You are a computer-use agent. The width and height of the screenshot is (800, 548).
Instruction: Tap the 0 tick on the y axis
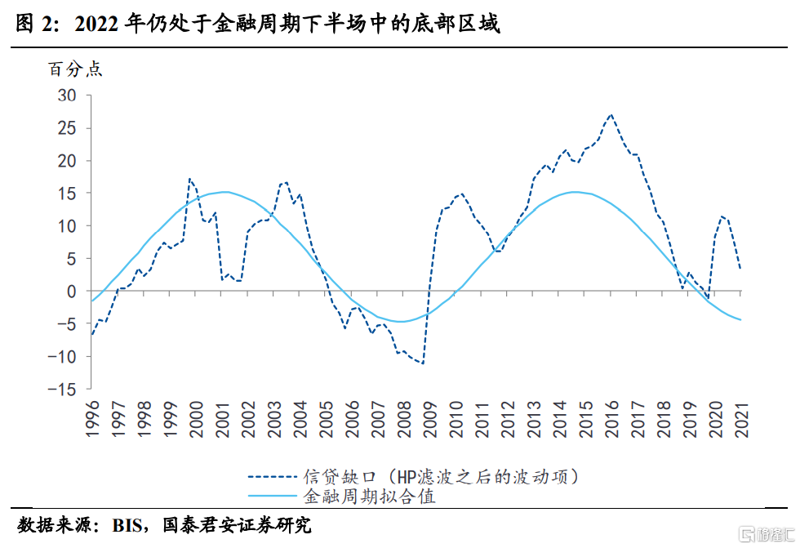tap(72, 292)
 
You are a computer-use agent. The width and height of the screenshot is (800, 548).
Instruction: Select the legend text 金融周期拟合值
tap(358, 496)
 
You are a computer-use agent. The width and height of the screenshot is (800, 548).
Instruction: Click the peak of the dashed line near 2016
tap(611, 115)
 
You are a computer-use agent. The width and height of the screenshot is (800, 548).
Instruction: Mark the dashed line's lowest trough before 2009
tap(423, 363)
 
